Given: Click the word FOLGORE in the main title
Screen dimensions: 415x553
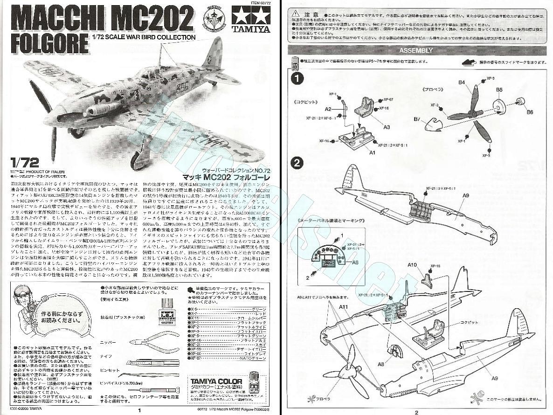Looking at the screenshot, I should point(49,42).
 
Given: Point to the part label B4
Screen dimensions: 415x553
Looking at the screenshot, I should point(461,83).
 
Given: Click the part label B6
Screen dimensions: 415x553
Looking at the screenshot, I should point(530,112).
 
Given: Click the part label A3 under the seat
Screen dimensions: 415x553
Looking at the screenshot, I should point(387,126).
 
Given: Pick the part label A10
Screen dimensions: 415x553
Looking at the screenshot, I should point(412,265).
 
